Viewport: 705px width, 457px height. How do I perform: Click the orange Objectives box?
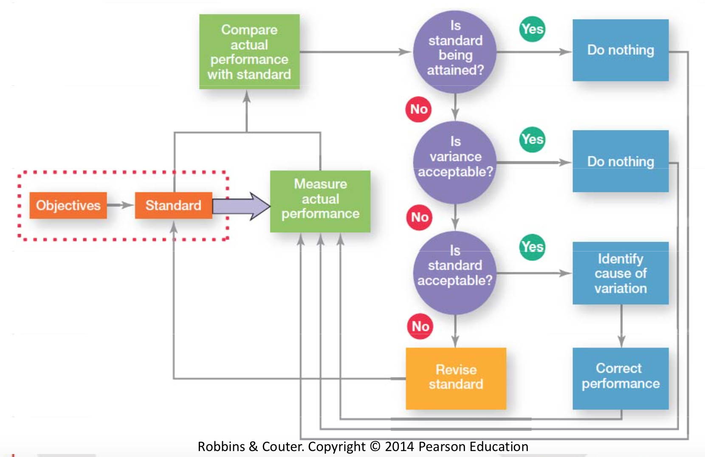click(x=68, y=205)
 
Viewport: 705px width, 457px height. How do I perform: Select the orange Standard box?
click(x=173, y=205)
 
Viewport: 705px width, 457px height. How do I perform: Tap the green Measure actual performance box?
click(x=320, y=201)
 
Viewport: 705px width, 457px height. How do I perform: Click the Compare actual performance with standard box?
click(x=249, y=52)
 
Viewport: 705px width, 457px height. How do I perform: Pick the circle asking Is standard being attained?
click(x=455, y=52)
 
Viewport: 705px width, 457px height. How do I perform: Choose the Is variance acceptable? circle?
click(x=455, y=162)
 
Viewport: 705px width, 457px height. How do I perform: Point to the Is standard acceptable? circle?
click(x=455, y=273)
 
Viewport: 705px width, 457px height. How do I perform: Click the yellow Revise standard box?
click(x=456, y=378)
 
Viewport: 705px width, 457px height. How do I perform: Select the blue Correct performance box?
click(x=620, y=378)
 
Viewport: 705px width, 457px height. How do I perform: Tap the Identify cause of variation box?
click(x=620, y=273)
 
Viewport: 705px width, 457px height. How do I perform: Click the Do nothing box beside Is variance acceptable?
click(x=620, y=161)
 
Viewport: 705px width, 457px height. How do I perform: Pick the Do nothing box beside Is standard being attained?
click(x=620, y=51)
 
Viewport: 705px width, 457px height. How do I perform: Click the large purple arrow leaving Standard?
click(x=241, y=206)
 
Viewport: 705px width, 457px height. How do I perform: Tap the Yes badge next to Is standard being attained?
click(x=532, y=29)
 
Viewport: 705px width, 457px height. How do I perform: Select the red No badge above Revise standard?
click(x=420, y=326)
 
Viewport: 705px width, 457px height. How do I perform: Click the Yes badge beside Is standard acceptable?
click(x=532, y=247)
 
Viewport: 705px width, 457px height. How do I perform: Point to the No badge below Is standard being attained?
click(x=419, y=109)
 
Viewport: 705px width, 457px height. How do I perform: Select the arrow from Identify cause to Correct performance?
click(x=621, y=326)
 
